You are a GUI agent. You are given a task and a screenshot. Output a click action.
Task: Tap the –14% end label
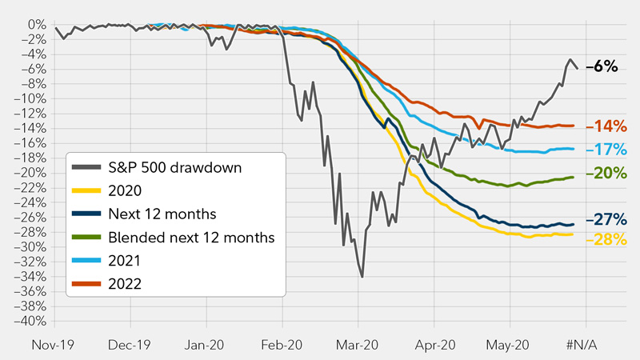[x=606, y=126]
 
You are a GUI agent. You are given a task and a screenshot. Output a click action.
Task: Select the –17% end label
[x=606, y=149]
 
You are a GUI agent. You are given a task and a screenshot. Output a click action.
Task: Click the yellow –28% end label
[x=606, y=240]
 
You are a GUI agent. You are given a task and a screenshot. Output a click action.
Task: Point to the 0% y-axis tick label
[x=37, y=25]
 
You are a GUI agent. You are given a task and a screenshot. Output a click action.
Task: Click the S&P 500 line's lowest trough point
[x=362, y=277]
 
